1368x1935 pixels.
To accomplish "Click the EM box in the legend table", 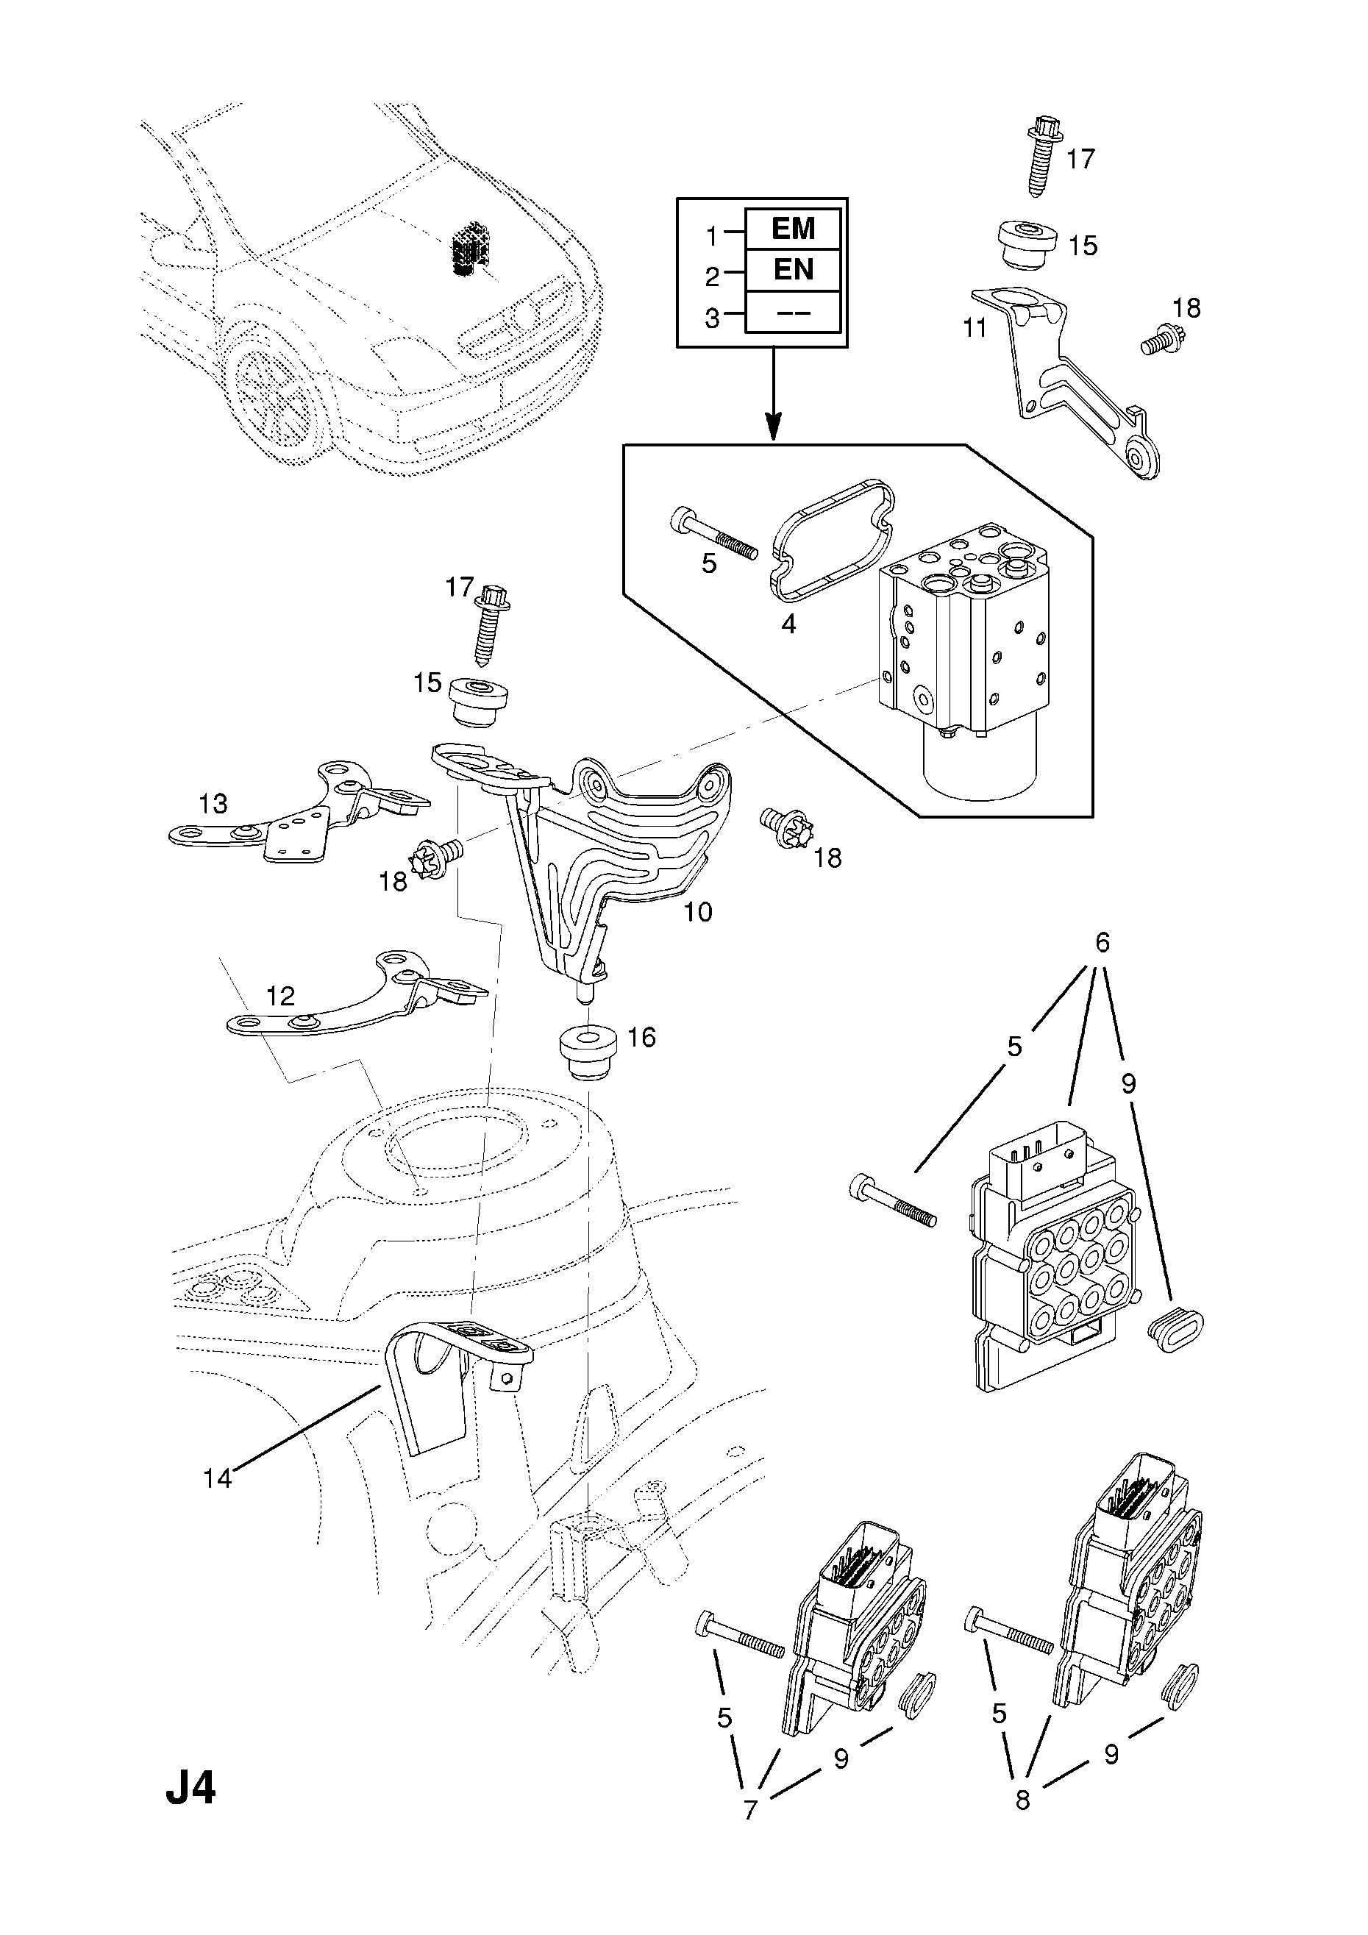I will click(792, 229).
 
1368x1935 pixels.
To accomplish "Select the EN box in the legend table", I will click(792, 270).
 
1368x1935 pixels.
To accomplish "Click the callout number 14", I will click(217, 1478).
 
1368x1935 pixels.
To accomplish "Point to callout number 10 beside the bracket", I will click(698, 911).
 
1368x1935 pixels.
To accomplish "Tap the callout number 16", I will click(641, 1038).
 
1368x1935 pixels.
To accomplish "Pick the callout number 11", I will click(975, 328).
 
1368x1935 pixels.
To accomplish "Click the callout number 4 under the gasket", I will click(788, 624).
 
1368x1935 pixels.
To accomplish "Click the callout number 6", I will click(1102, 941).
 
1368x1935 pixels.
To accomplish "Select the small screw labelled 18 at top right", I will click(1160, 340).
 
